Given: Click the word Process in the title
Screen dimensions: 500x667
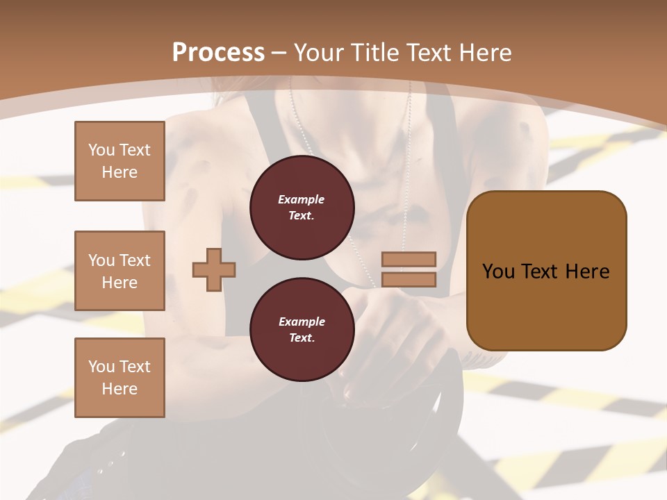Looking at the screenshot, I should tap(218, 53).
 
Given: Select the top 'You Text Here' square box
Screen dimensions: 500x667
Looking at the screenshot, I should tap(120, 161).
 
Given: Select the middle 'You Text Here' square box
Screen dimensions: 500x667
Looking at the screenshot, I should tap(120, 271).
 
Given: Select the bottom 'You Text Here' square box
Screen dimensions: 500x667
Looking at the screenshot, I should tap(120, 377).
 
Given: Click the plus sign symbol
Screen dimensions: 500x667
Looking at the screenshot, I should tap(214, 269).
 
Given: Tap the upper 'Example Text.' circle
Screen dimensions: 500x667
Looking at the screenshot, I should tap(302, 207).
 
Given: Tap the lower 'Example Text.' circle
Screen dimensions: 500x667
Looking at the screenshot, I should tap(302, 329).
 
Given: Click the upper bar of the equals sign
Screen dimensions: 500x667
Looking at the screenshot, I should tap(409, 260).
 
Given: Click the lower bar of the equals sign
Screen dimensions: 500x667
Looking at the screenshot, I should tap(409, 279).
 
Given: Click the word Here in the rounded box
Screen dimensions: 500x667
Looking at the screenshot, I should tap(587, 272).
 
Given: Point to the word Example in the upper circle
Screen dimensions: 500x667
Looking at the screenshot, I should tap(302, 199).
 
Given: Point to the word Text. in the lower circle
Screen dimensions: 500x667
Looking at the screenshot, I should tap(302, 337).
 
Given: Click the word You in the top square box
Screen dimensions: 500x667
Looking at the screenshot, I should tap(101, 150).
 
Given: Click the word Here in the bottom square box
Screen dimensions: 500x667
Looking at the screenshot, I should tap(120, 389).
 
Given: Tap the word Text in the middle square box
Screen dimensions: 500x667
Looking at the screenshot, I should tap(134, 260).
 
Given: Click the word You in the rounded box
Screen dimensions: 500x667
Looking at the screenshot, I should tap(499, 272).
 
